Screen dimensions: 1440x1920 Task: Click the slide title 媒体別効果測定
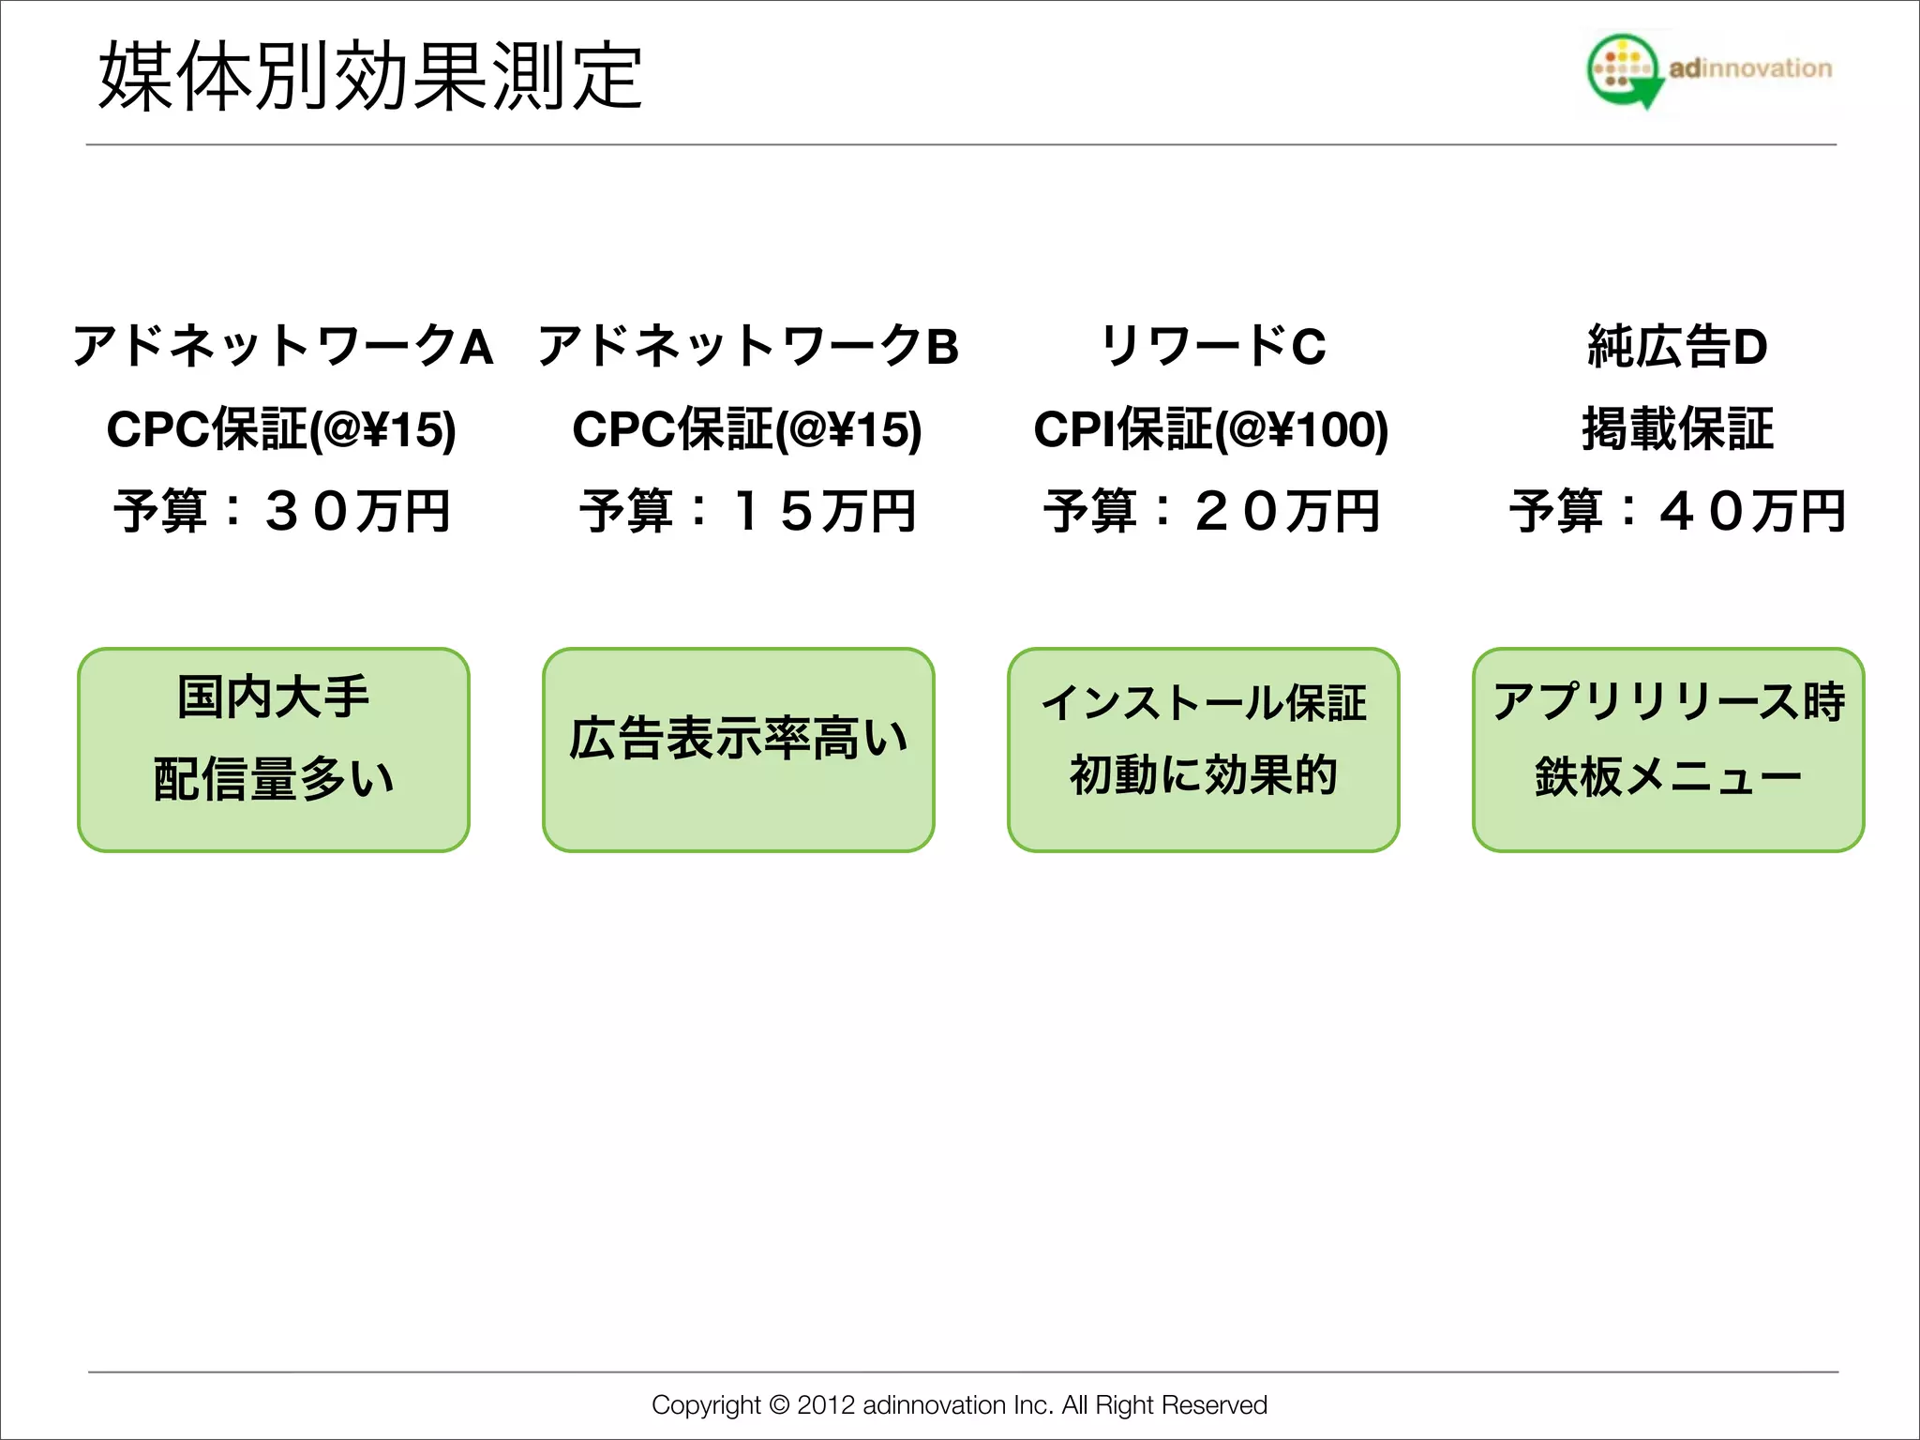pos(370,77)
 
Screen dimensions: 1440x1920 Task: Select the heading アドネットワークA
pos(282,346)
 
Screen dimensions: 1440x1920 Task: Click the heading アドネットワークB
pos(748,346)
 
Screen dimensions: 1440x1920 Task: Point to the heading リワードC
pos(1213,346)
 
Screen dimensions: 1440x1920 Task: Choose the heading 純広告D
pos(1677,346)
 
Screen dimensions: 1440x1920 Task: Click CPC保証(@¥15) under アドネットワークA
pos(281,429)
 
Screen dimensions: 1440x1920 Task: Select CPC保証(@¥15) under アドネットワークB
pos(747,429)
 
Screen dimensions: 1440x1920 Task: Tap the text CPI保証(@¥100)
pos(1210,429)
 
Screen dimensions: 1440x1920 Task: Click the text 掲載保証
pos(1677,429)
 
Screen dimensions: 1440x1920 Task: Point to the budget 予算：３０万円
pos(282,512)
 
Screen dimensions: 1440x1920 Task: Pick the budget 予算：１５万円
pos(748,512)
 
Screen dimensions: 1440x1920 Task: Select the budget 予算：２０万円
pos(1212,512)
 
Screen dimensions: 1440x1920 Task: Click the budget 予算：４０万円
pos(1677,512)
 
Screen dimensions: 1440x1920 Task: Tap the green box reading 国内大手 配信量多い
pos(274,749)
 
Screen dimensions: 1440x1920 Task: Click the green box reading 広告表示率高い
pos(739,749)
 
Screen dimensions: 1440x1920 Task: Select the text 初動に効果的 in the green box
pos(1204,775)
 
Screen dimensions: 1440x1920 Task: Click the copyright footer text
pos(959,1404)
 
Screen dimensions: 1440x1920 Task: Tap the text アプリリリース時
pos(1669,700)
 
